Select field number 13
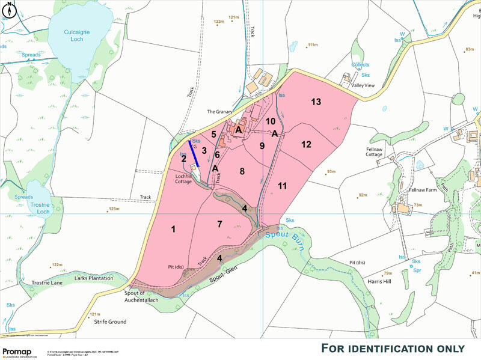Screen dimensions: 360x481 (316, 102)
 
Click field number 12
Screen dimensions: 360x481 (307, 144)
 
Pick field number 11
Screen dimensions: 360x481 (283, 186)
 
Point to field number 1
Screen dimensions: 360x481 (173, 228)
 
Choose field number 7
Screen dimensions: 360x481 (220, 224)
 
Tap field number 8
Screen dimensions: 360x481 (242, 171)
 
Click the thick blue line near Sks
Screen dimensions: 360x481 (195, 153)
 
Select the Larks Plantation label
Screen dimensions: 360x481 (93, 278)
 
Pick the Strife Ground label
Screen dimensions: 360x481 (110, 322)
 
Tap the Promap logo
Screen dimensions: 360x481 (19, 353)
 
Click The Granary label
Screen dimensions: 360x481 (219, 111)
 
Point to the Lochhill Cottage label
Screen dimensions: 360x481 (183, 178)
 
